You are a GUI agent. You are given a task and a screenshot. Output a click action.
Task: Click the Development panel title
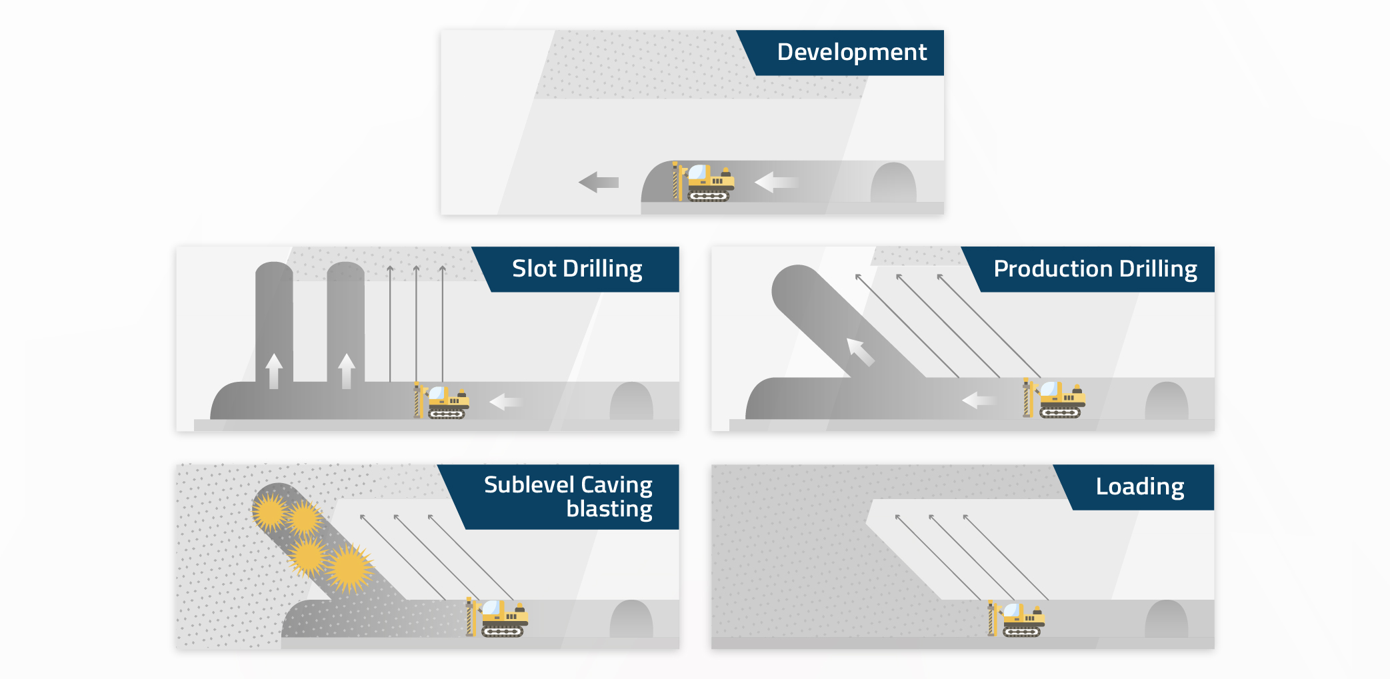coord(851,52)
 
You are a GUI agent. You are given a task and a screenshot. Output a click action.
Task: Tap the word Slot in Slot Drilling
coord(534,269)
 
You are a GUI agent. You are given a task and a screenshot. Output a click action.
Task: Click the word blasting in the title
coord(609,509)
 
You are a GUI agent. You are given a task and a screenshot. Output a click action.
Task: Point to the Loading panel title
coord(1139,486)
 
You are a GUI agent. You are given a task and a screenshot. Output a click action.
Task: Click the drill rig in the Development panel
coord(705,182)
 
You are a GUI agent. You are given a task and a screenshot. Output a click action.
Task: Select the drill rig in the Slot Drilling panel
coord(443,402)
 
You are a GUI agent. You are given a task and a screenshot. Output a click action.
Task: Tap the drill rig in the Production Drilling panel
coord(1055,399)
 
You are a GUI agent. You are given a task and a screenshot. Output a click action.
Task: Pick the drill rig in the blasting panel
coord(499,618)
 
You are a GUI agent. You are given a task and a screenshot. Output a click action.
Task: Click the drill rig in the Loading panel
coord(1017,619)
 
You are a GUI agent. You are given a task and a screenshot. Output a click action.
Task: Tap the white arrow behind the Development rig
coord(775,182)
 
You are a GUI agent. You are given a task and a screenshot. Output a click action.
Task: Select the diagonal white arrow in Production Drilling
coord(860,352)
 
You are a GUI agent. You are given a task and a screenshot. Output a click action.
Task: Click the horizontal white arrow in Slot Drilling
coord(505,402)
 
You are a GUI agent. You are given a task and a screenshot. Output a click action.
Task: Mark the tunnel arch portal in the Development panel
coord(893,183)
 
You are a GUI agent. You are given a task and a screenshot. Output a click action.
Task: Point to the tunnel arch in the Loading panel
coord(1166,620)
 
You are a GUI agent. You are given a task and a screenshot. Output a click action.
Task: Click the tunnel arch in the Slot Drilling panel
coord(631,402)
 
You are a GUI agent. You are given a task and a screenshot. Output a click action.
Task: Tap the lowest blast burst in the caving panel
coord(349,568)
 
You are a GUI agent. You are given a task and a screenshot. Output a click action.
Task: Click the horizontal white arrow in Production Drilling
coord(979,400)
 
